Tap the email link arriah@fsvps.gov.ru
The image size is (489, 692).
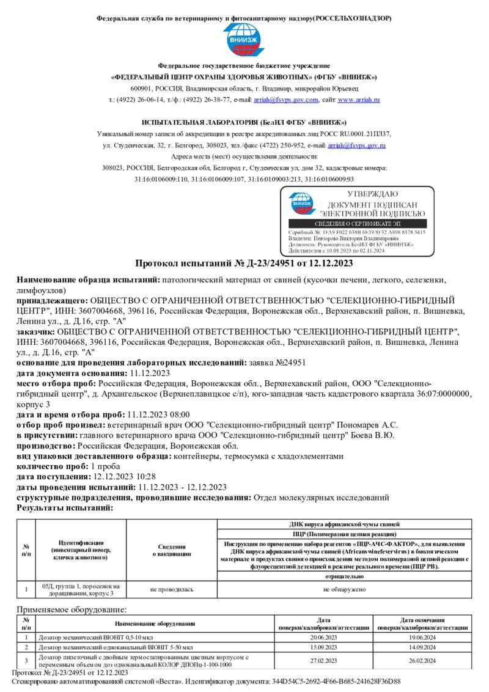[x=356, y=145]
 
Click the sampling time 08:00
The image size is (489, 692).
[x=179, y=414]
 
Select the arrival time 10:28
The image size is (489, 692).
[x=145, y=476]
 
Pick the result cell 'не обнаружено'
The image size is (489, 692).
[x=345, y=589]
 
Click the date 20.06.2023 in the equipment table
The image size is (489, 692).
[x=323, y=636]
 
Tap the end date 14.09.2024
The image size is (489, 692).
[x=422, y=647]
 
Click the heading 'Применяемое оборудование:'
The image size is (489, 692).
[x=72, y=609]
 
